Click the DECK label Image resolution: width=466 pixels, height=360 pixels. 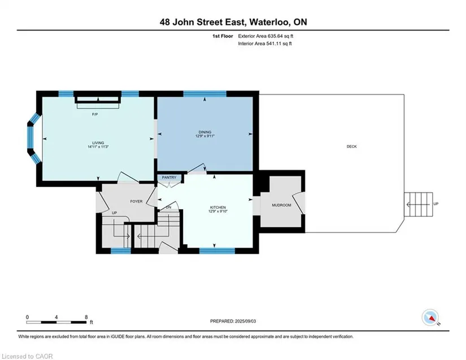coord(351,146)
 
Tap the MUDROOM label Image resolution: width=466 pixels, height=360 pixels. coord(281,205)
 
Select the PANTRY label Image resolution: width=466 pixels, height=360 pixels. coord(169,177)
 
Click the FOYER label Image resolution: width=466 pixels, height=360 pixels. coord(137,201)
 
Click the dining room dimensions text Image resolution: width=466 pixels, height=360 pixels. coord(205,136)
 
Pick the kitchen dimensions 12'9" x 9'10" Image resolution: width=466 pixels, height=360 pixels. coord(218,211)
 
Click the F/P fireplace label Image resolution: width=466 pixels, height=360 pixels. coord(95,115)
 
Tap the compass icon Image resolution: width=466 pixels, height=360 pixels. coord(430,318)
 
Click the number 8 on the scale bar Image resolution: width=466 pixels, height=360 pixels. coord(86,317)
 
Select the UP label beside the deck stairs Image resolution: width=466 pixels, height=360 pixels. coord(436,204)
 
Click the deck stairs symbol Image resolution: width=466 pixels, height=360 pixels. coord(419,205)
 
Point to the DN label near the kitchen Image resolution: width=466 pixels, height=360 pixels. coord(168,207)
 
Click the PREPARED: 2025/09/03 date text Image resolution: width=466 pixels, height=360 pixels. coord(233,321)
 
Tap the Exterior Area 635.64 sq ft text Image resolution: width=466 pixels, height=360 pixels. coord(265,36)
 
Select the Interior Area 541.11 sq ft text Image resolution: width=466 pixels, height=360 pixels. coord(265,44)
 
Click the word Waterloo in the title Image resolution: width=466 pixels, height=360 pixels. coord(269,22)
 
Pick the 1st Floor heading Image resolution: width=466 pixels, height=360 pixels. coord(223,36)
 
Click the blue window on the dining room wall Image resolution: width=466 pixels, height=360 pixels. coord(205,94)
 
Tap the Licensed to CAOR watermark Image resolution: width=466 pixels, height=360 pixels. coord(27,356)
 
